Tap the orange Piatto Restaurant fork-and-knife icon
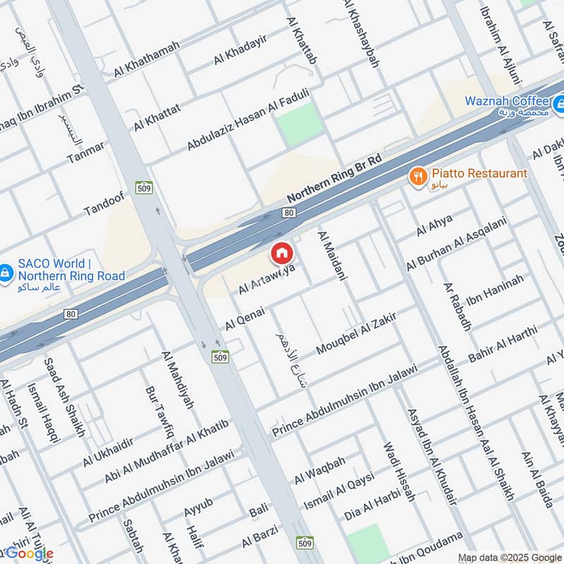(x=419, y=175)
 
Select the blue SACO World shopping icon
(x=6, y=270)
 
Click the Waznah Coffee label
(x=506, y=102)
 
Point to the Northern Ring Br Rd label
(x=334, y=180)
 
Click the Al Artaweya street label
(x=266, y=280)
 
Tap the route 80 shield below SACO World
(x=70, y=313)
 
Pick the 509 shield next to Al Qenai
(x=219, y=357)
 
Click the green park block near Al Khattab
(x=299, y=124)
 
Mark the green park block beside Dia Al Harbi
(x=367, y=541)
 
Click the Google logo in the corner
(x=29, y=553)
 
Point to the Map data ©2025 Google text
(x=505, y=557)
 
